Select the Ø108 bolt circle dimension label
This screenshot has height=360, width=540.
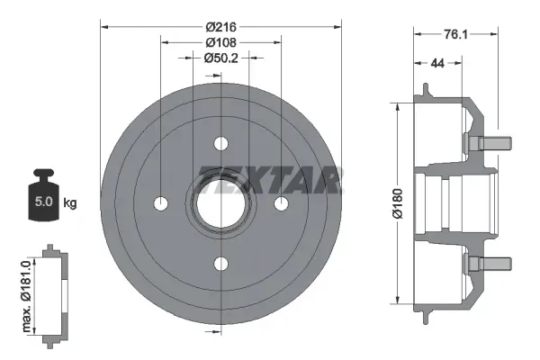(x=220, y=42)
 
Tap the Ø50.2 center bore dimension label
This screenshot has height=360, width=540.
(x=220, y=58)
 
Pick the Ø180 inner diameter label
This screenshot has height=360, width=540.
(x=384, y=202)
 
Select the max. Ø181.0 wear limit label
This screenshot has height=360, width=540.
(x=25, y=292)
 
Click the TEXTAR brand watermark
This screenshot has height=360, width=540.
(x=270, y=180)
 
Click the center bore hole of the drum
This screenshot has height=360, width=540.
(x=220, y=202)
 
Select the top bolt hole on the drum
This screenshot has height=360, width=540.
(x=220, y=143)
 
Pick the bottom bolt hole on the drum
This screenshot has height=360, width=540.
(x=220, y=262)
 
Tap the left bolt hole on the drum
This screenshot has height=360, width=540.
(x=161, y=202)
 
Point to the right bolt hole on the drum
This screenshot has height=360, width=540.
(x=280, y=202)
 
